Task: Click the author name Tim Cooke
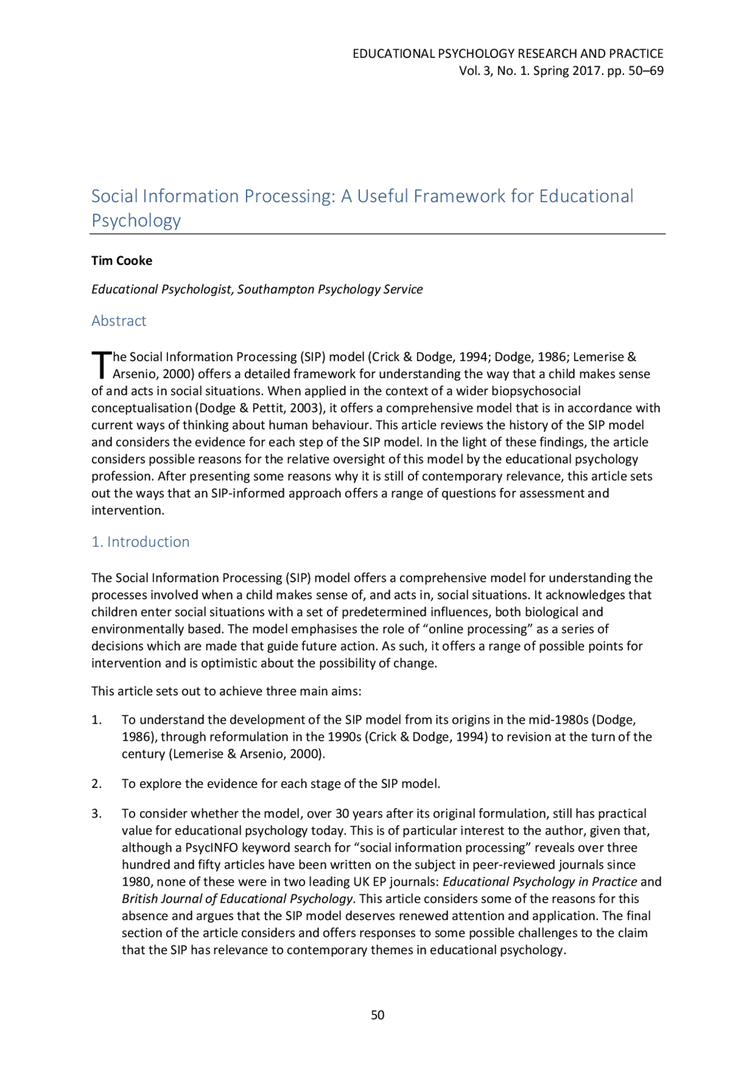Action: (122, 261)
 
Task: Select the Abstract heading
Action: (119, 321)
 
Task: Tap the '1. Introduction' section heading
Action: (140, 542)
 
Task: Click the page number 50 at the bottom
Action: (377, 1015)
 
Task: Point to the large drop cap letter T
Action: (101, 364)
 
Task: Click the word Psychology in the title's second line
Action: (136, 221)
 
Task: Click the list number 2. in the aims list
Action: (97, 784)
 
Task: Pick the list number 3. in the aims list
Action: (97, 814)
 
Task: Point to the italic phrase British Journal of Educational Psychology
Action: (237, 899)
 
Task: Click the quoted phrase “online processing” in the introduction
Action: (478, 629)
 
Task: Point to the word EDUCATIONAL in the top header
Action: (393, 54)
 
